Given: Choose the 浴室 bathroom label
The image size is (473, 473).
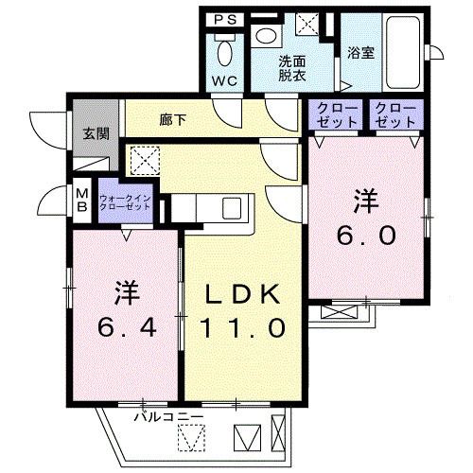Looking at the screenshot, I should (x=360, y=53).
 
